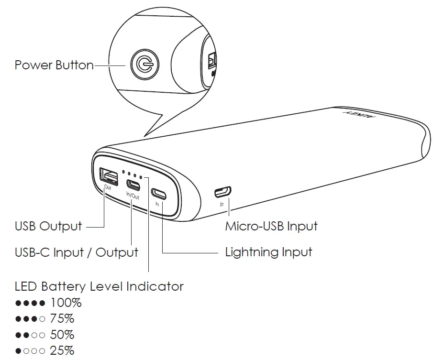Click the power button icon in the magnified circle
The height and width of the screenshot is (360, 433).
(x=143, y=64)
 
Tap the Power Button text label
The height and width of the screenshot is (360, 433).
(x=54, y=65)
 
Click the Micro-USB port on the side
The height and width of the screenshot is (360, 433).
(x=222, y=192)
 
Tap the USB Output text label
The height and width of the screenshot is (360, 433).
(x=48, y=226)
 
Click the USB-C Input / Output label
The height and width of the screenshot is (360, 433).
(x=77, y=252)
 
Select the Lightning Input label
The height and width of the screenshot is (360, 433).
(x=268, y=252)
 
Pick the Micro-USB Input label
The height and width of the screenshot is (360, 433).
(x=271, y=226)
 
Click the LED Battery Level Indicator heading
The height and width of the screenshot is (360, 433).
(x=99, y=286)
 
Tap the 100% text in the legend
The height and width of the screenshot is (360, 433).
(x=66, y=303)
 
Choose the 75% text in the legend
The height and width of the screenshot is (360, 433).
(x=62, y=318)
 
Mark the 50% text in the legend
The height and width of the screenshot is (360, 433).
(x=62, y=335)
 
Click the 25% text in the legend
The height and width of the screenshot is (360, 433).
(x=62, y=350)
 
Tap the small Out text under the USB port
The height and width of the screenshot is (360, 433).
(x=108, y=188)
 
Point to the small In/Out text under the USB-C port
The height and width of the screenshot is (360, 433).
(x=133, y=196)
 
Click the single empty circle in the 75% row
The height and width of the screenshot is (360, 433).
(x=42, y=319)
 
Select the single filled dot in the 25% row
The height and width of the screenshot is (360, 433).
(x=18, y=351)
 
